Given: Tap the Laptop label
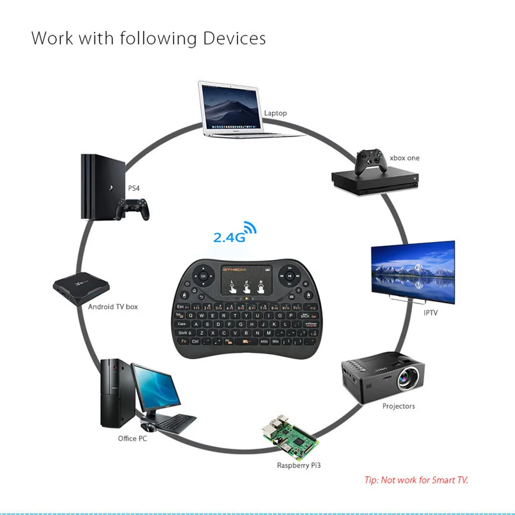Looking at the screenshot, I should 275,113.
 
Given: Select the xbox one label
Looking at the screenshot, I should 404,158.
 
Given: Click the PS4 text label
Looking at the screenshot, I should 134,189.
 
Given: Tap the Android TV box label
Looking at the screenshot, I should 113,307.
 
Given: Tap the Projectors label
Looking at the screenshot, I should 398,406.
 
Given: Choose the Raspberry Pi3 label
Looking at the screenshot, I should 299,465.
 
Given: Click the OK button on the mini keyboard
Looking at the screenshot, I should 203,276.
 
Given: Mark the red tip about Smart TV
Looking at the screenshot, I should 416,480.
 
